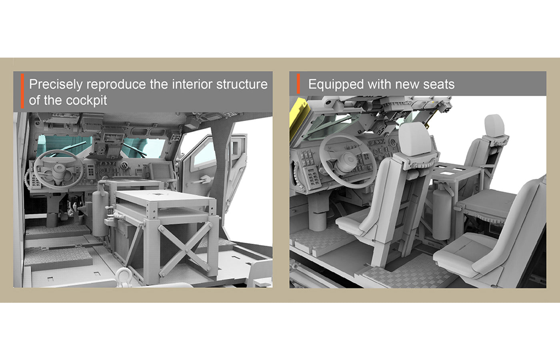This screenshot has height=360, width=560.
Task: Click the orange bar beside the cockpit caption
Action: pos(22,91)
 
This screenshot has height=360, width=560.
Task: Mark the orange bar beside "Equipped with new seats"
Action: pos(298,84)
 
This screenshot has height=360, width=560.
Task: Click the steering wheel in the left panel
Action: pos(59,170)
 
